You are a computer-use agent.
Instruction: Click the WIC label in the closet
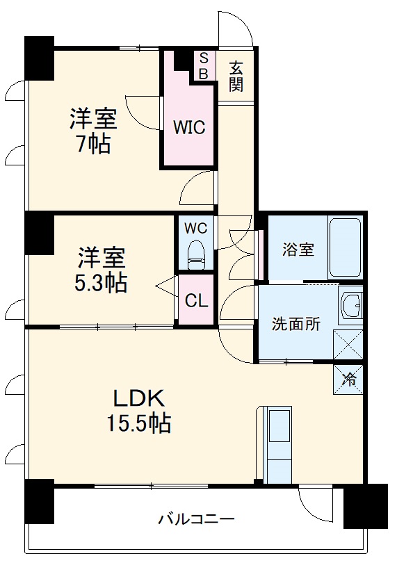[x=188, y=128]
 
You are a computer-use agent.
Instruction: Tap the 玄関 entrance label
[x=236, y=76]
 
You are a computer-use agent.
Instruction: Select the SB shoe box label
[x=204, y=65]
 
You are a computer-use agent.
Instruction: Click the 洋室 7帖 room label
[x=92, y=131]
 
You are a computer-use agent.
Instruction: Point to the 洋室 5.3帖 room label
[x=102, y=270]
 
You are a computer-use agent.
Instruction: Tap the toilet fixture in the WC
[x=197, y=254]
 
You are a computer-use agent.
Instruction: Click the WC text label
[x=195, y=227]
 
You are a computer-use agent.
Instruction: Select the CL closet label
[x=195, y=301]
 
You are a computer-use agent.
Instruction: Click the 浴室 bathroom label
[x=298, y=250]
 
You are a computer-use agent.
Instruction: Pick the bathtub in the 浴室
[x=345, y=248]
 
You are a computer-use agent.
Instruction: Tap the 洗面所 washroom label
[x=295, y=323]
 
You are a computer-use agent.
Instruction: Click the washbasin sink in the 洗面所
[x=350, y=305]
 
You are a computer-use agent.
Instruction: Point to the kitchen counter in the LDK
[x=279, y=445]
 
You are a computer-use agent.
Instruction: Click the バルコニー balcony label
[x=196, y=519]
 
